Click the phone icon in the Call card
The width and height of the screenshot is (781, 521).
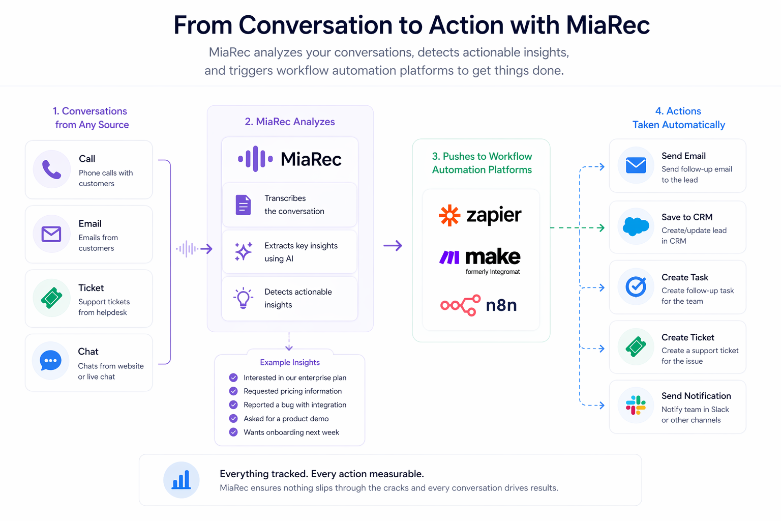coord(51,169)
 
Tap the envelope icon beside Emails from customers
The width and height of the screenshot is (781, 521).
coord(51,234)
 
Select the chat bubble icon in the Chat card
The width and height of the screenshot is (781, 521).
coord(51,361)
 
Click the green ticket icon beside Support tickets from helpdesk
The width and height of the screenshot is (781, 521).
coord(51,298)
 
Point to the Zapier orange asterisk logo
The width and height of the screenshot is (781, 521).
coord(449,215)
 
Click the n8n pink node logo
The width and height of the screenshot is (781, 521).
coord(460,305)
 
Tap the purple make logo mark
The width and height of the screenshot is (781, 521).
coord(449,257)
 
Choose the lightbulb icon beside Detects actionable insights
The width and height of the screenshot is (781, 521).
coord(243,298)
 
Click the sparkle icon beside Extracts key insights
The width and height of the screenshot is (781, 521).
coord(243,251)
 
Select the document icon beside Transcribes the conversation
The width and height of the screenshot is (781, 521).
coord(243,205)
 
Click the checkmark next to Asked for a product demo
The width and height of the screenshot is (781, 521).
coord(233,419)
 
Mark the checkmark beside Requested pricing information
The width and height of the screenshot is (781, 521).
coord(233,391)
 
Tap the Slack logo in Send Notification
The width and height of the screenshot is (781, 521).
coord(636,406)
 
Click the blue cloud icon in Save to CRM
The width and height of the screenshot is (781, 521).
coord(636,226)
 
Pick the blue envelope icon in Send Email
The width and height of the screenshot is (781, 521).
coord(636,165)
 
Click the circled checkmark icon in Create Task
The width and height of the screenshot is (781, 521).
coord(636,286)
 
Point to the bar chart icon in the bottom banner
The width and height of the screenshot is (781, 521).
coord(181,480)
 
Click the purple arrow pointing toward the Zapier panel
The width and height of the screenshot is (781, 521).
coord(393,246)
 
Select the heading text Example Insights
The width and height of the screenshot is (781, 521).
coord(290,362)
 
